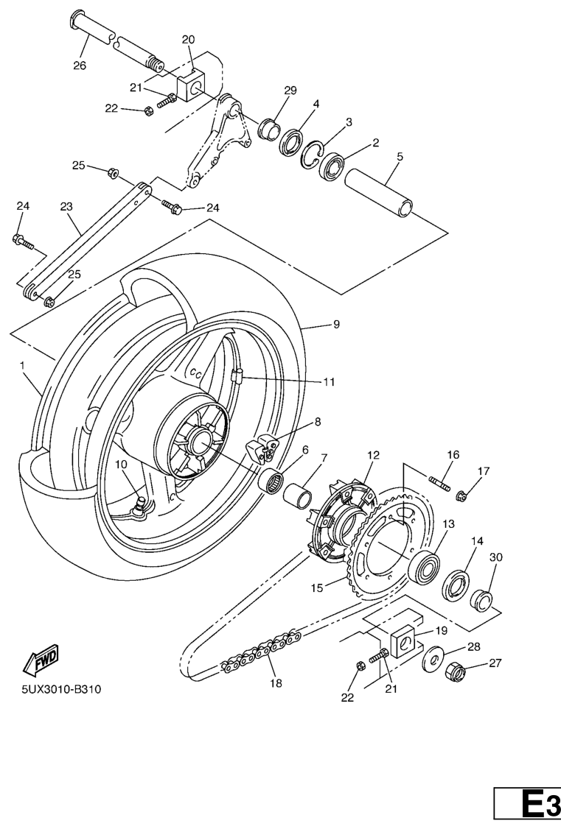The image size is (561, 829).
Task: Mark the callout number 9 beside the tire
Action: [x=336, y=324]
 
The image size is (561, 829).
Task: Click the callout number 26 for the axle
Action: [x=79, y=65]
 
